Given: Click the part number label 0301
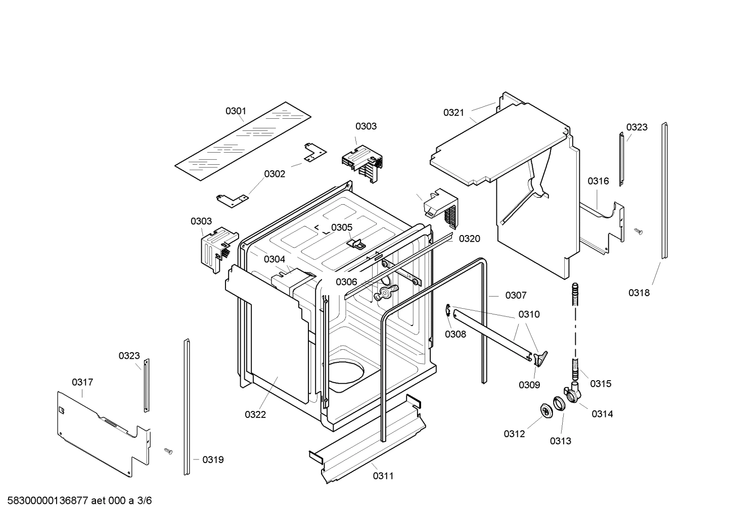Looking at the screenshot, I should (236, 111).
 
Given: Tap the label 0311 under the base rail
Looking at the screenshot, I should (383, 476).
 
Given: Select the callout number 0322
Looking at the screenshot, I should (255, 414).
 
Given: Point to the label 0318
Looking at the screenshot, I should (639, 293).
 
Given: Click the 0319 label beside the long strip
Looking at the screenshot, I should (213, 459).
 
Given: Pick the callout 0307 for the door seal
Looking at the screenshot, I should (516, 295).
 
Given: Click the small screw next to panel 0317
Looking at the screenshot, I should (168, 450).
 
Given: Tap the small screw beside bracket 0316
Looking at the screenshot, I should (638, 231).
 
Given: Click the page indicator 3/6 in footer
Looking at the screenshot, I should (145, 501).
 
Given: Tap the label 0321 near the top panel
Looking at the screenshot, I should (453, 112).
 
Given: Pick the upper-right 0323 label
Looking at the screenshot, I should (636, 127).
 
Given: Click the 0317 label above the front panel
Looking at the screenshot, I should (82, 382).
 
